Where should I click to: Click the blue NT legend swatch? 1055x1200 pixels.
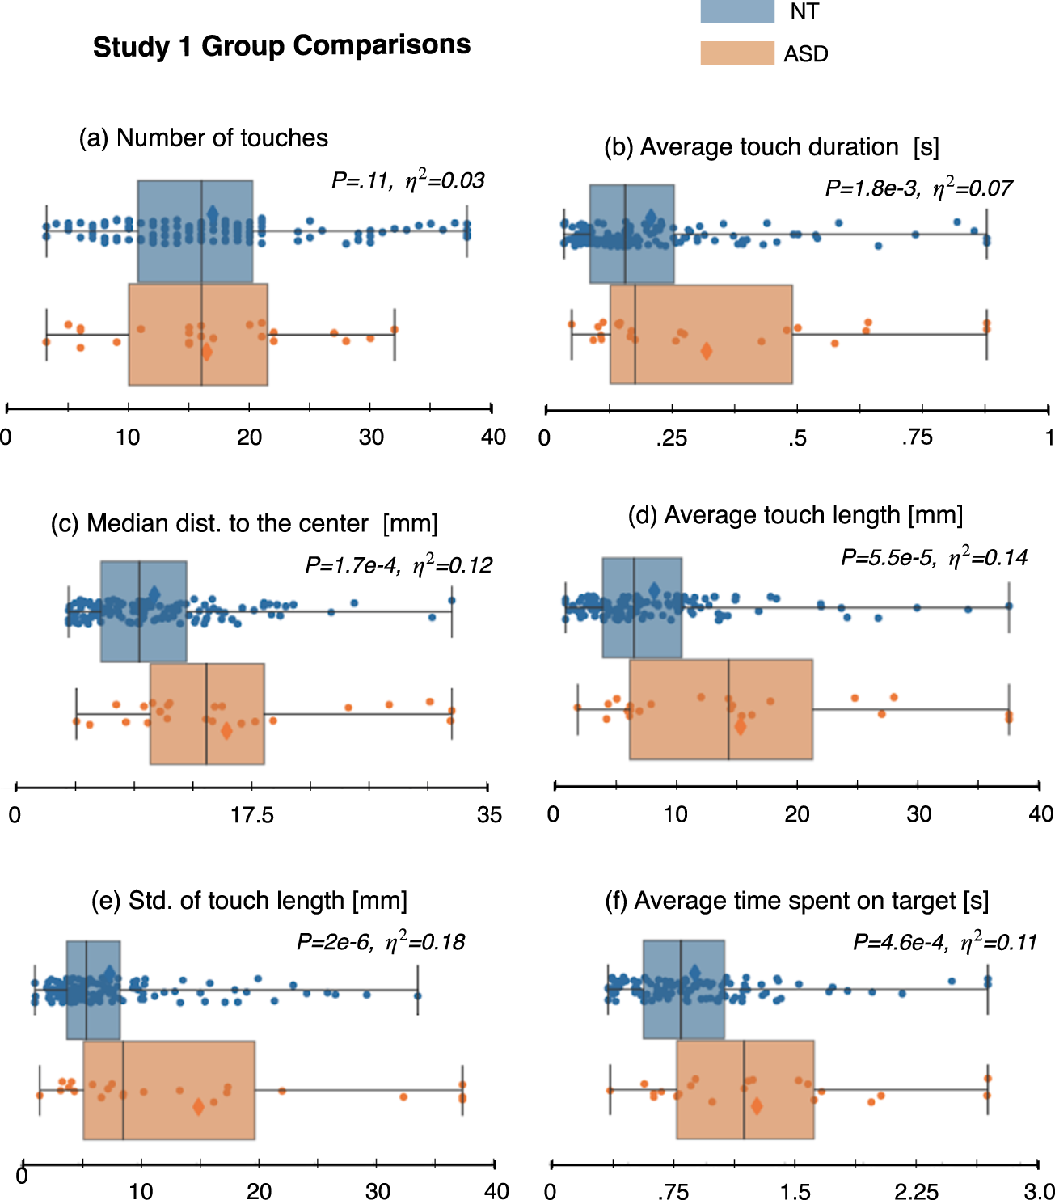click(x=736, y=11)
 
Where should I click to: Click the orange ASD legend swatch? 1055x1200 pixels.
click(x=736, y=53)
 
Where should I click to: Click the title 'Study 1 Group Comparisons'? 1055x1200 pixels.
click(x=281, y=45)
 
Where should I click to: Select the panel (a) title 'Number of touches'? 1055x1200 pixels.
click(x=204, y=138)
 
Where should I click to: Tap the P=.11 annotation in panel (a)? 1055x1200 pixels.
click(x=407, y=180)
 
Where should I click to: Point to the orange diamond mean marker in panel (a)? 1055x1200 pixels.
click(x=207, y=352)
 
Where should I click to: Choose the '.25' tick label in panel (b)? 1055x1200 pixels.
click(x=671, y=438)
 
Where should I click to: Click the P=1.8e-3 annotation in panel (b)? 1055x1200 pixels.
click(x=918, y=188)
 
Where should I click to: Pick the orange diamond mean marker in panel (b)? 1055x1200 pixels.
click(x=706, y=351)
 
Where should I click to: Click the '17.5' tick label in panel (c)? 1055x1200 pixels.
click(x=251, y=815)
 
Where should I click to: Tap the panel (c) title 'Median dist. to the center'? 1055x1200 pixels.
click(x=244, y=524)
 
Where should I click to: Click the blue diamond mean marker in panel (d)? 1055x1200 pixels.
click(x=653, y=590)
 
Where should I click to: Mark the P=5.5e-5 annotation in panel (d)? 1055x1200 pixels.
click(x=934, y=558)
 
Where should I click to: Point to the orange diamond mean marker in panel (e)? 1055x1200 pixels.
click(x=198, y=1107)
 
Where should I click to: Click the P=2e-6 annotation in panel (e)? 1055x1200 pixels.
click(x=380, y=942)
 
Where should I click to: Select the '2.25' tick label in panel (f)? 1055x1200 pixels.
click(x=916, y=1191)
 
